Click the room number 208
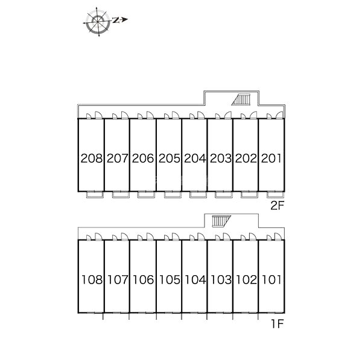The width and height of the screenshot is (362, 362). click(x=92, y=158)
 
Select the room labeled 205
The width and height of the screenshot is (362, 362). click(x=169, y=158)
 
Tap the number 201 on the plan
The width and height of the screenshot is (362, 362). click(x=271, y=158)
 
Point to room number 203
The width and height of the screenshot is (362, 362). click(x=220, y=158)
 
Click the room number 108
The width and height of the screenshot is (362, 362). click(x=92, y=279)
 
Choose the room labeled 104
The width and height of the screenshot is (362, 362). click(x=195, y=279)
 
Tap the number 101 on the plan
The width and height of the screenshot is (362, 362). click(x=271, y=279)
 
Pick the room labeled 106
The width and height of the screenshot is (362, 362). click(x=144, y=279)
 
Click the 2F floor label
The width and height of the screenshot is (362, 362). click(x=277, y=206)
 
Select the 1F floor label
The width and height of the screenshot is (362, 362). click(x=278, y=323)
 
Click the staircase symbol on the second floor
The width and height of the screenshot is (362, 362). click(x=241, y=100)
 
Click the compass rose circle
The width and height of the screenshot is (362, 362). click(x=98, y=22)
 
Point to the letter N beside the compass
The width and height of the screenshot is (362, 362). click(x=116, y=21)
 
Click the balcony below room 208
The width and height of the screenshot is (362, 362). click(x=95, y=195)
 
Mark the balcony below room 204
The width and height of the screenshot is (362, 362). click(x=198, y=195)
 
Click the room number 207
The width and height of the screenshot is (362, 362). click(x=117, y=158)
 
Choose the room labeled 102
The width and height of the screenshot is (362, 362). click(x=246, y=279)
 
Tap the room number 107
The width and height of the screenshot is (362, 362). click(x=118, y=279)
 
